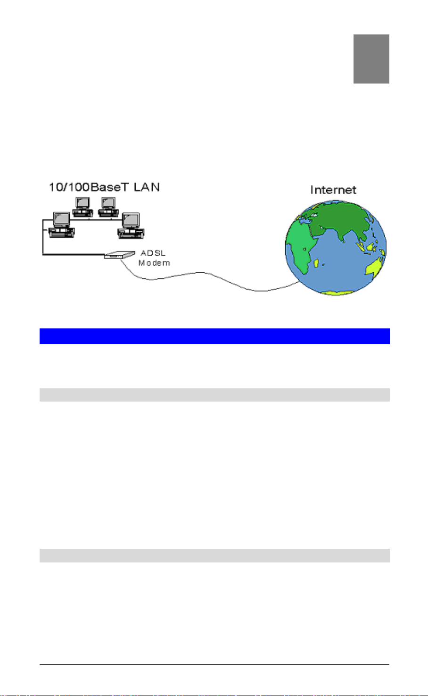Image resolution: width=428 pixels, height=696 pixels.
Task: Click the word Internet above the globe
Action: pos(333,190)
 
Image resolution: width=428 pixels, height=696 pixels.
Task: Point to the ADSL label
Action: pos(153,253)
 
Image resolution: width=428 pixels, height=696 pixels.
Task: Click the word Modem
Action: pos(154,263)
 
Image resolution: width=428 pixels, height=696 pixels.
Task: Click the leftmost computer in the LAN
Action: pos(61,225)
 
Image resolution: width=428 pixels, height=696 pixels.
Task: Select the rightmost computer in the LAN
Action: pos(131,226)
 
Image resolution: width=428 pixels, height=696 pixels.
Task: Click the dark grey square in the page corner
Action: pos(371,59)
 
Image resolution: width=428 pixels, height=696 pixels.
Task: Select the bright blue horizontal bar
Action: pos(214,336)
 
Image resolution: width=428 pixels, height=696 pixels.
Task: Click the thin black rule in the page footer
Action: pos(214,665)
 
